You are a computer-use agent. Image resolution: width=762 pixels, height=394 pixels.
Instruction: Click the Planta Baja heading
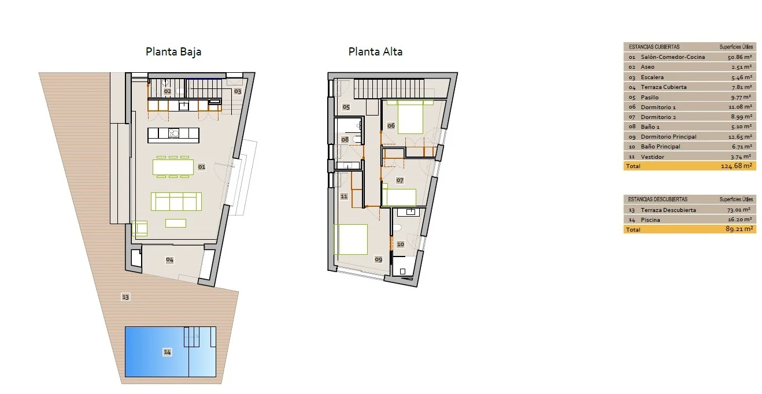[x=173, y=51]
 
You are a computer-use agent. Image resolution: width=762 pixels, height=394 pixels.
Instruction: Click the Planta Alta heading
[x=375, y=51]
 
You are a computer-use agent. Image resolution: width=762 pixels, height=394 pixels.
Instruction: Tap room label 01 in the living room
[x=202, y=167]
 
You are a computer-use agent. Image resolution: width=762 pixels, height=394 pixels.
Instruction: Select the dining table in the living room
[x=173, y=167]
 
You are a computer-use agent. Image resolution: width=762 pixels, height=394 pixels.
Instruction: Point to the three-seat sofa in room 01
[x=176, y=201]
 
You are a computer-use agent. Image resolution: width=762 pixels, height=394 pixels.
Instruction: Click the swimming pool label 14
[x=167, y=352]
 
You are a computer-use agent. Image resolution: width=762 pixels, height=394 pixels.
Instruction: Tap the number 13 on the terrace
[x=125, y=297]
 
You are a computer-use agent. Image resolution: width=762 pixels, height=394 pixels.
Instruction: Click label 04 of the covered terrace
[x=170, y=260]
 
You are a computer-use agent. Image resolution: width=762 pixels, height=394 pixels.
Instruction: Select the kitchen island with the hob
[x=173, y=135]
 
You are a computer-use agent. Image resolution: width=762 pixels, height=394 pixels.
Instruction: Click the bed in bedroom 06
[x=410, y=117]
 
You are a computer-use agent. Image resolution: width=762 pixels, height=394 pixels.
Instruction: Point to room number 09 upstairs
[x=378, y=259]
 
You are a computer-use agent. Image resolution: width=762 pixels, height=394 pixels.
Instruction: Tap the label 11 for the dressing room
[x=344, y=196]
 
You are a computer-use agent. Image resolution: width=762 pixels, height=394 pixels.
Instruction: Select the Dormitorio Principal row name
[x=668, y=137]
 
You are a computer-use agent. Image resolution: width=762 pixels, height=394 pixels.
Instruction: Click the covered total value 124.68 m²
[x=736, y=166]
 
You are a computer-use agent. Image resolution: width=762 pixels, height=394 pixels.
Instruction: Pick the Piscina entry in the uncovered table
[x=650, y=220]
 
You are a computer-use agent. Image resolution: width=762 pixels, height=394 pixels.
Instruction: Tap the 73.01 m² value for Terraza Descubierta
[x=738, y=210]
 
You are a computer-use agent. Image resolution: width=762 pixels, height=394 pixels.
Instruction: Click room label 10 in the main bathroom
[x=401, y=244]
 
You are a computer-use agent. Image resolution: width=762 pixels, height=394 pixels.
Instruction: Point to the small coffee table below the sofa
[x=176, y=223]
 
